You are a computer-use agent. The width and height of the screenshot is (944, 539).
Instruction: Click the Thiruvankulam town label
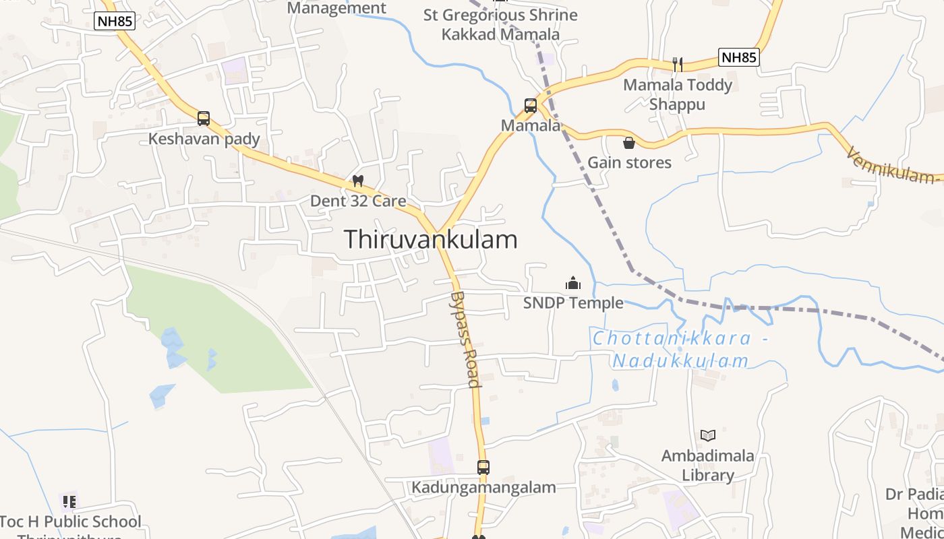pos(431,240)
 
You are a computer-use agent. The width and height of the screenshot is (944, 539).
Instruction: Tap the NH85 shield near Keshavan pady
pos(115,21)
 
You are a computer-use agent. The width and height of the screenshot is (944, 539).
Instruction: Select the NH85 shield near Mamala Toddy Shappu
pos(739,57)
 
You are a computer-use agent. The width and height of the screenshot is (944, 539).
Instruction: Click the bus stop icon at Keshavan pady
pos(204,119)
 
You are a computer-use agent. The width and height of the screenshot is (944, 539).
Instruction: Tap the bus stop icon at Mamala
pos(531,106)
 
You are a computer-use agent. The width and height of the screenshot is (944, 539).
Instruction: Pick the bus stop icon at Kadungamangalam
pos(483,467)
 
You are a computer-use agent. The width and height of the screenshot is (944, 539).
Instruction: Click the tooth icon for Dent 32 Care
pos(358,181)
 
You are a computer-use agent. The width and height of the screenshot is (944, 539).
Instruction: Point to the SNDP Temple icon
pos(573,283)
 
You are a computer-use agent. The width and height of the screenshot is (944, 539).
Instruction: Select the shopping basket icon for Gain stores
pos(629,143)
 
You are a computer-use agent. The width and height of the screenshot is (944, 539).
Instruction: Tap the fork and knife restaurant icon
pos(678,65)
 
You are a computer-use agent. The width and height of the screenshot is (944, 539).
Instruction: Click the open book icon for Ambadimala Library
pos(707,435)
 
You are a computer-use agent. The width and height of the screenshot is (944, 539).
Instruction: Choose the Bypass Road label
pos(465,340)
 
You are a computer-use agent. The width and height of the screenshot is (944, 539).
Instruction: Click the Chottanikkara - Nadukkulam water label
pos(680,350)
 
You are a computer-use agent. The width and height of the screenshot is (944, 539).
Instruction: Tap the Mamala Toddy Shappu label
pos(677,94)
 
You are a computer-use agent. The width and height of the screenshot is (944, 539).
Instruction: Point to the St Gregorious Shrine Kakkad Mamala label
pos(500,24)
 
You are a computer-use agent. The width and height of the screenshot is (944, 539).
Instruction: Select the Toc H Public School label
pos(70,522)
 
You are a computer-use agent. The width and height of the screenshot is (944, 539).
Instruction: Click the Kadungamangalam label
pos(484,487)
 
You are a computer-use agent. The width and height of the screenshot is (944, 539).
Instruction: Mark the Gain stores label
pos(629,162)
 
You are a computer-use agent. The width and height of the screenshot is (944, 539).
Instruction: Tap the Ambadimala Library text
pos(707,465)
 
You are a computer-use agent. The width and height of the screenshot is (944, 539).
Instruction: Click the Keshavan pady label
pos(204,139)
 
